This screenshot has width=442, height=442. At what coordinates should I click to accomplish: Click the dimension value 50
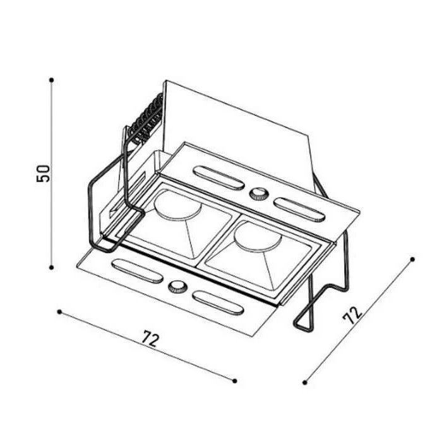point(43,174)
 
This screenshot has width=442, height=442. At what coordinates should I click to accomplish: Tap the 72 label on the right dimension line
point(352,314)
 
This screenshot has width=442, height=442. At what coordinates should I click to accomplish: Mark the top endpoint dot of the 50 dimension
point(52,80)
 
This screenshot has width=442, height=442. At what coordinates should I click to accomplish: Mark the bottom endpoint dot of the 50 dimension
point(51,267)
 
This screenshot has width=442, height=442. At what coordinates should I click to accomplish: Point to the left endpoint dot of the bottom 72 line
point(59,312)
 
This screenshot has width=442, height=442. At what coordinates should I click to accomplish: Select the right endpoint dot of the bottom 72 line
point(235,381)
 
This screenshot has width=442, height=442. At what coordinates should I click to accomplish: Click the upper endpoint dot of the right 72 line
point(412,259)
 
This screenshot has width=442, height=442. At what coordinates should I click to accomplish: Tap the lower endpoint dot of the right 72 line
point(304,383)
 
